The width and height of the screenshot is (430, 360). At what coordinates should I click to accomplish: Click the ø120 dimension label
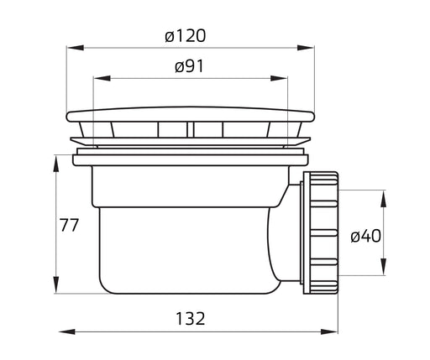pyautogui.click(x=186, y=36)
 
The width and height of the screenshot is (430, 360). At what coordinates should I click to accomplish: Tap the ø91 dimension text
pyautogui.click(x=190, y=66)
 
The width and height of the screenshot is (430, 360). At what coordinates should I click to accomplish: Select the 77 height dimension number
pyautogui.click(x=70, y=225)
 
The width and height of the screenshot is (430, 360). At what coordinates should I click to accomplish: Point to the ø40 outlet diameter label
pyautogui.click(x=365, y=236)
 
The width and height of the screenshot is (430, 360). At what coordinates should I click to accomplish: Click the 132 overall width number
pyautogui.click(x=191, y=318)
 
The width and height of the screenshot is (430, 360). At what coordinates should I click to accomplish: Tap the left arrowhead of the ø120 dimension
pyautogui.click(x=76, y=48)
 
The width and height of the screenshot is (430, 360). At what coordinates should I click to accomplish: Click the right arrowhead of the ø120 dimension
pyautogui.click(x=306, y=48)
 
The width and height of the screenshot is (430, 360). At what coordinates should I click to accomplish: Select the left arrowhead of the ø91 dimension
pyautogui.click(x=102, y=78)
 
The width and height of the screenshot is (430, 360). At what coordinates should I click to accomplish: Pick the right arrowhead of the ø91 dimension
pyautogui.click(x=279, y=78)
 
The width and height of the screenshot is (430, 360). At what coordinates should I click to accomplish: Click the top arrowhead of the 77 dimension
pyautogui.click(x=56, y=164)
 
